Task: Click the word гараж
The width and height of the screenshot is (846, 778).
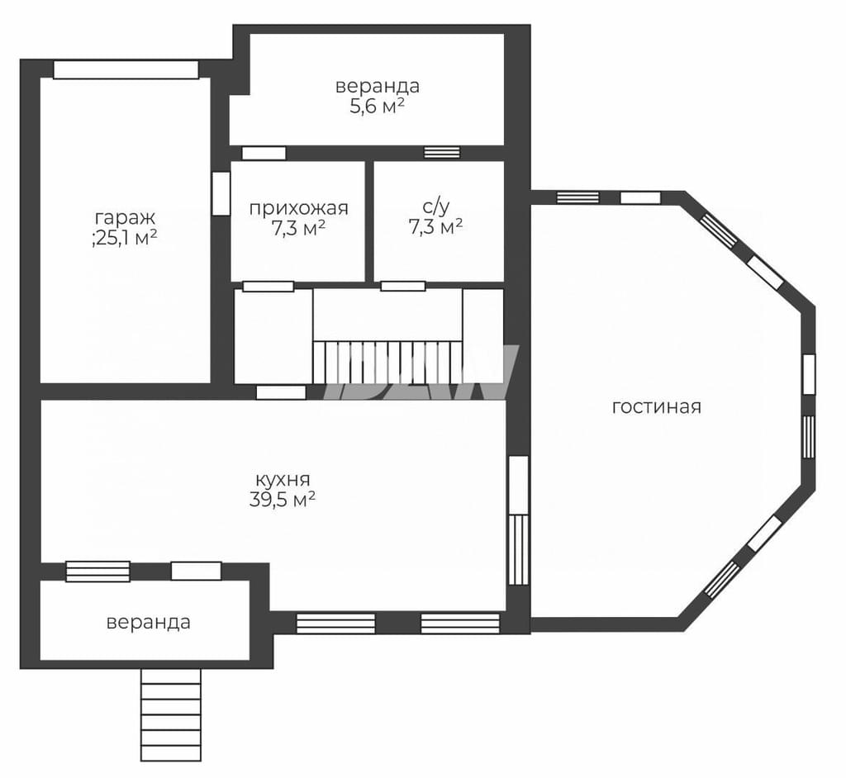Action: point(126,219)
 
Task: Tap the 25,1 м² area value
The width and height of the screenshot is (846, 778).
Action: point(128,237)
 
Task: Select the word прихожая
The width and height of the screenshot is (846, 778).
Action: point(298,208)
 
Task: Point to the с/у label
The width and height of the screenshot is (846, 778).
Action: point(436,206)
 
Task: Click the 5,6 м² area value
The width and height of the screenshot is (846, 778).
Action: point(377,107)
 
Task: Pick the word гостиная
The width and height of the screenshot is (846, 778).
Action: point(657,407)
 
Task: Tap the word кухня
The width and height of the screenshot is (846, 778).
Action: point(283,480)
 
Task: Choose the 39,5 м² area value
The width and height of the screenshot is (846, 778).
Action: point(283,500)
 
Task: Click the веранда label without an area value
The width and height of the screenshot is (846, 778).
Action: point(149,623)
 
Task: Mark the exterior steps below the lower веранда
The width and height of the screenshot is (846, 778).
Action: point(170,715)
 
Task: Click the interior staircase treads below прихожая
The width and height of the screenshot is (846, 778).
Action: point(388,362)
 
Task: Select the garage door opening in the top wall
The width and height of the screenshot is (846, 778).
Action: point(126,69)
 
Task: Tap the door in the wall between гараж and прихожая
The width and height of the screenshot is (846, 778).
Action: point(221,194)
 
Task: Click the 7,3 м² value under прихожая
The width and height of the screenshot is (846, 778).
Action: point(298,229)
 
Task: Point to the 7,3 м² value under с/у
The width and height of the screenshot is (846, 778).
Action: point(436,227)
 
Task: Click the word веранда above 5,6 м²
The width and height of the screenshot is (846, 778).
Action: point(378,87)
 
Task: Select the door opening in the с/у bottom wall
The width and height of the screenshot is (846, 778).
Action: point(403,286)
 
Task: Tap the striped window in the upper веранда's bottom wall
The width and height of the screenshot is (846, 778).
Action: point(442,153)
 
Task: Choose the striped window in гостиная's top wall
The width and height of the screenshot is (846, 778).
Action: point(577,197)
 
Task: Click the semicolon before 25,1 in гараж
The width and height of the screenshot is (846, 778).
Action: point(94,240)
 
